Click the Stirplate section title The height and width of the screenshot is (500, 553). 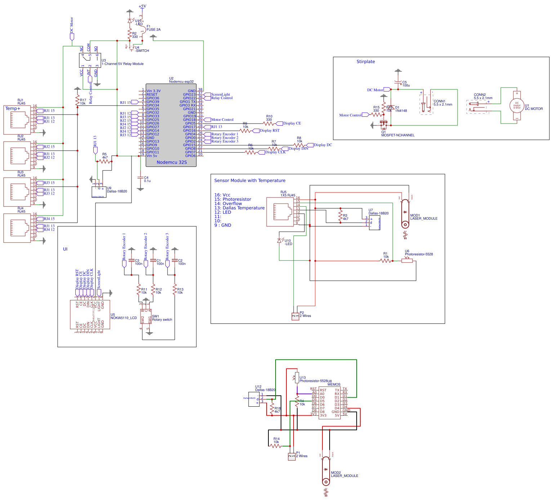(x=365, y=62)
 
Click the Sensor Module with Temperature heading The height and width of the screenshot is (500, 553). (x=250, y=180)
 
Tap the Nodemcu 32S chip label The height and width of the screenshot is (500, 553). (x=171, y=162)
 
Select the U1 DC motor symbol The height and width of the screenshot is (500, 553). (x=517, y=105)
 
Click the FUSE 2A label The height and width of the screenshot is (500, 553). (x=153, y=30)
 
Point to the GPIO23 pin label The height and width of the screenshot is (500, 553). (x=189, y=94)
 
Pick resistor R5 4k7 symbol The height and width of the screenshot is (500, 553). (x=105, y=161)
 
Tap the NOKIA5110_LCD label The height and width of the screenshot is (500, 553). (x=124, y=318)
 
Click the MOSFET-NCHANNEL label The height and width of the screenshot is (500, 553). (x=398, y=135)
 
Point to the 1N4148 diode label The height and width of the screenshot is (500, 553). (x=401, y=111)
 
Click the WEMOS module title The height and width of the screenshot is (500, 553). (x=334, y=384)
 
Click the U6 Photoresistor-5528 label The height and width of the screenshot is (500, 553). (x=419, y=254)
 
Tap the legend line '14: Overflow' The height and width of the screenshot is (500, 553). (x=228, y=204)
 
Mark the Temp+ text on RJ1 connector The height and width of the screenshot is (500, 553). (x=13, y=108)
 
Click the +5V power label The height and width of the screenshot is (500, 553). (x=142, y=6)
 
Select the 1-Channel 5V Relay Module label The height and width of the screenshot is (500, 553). (x=122, y=64)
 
